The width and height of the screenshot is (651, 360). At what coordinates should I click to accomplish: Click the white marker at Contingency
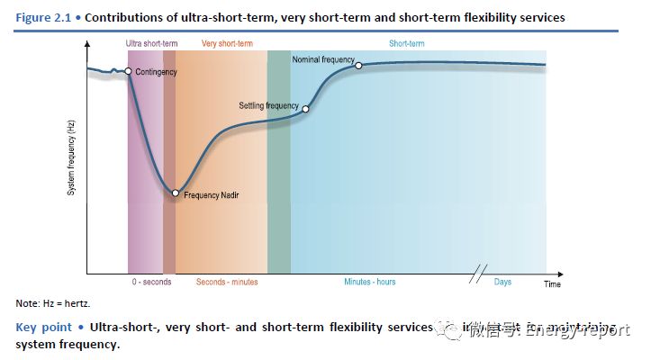coord(129,71)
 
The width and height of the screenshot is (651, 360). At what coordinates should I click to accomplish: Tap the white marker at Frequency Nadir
coord(176,193)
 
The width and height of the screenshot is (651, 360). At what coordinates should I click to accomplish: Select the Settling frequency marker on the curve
coord(305,109)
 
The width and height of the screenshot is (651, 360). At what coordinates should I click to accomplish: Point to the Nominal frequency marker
coord(358,65)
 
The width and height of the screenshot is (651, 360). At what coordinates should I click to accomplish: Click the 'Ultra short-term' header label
coord(152,43)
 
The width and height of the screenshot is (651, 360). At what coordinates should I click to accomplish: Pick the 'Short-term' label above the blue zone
coord(406,43)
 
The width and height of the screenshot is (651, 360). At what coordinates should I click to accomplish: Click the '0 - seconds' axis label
coord(151,282)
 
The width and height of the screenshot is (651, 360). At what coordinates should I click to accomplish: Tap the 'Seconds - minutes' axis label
coord(227,282)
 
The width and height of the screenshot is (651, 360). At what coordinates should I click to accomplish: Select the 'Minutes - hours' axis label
coord(369,282)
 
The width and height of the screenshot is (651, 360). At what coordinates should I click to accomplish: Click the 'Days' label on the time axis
coord(502,282)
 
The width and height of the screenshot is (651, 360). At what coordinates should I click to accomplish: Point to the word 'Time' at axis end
coord(552,284)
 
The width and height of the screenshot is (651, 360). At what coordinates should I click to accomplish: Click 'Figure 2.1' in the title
coord(46,18)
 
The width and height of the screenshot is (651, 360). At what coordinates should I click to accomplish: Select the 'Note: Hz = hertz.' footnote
coord(53,303)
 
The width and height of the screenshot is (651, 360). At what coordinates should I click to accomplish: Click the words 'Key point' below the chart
coord(44,327)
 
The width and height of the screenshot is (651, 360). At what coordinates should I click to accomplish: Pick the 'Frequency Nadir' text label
coord(212,194)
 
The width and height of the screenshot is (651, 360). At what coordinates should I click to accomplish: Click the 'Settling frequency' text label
coord(268,105)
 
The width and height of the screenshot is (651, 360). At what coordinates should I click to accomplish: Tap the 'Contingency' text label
coord(157,71)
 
